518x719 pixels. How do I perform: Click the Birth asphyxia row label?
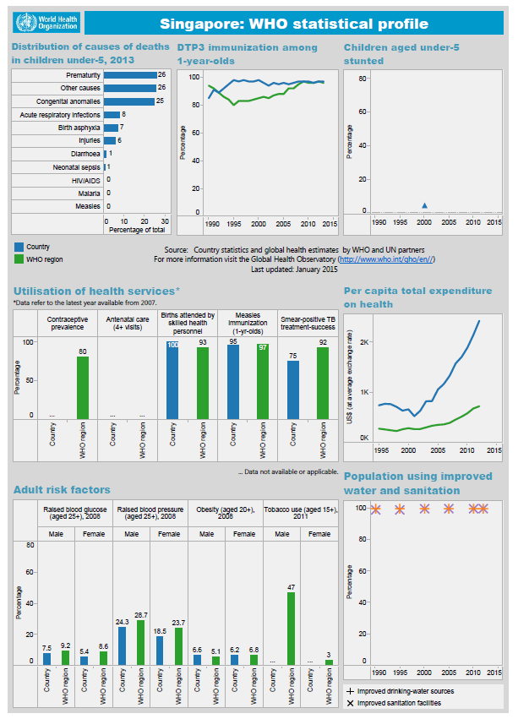point(79,128)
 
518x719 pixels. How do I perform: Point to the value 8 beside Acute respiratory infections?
point(124,114)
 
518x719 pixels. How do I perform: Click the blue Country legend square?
point(19,247)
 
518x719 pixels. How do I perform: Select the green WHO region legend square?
point(19,259)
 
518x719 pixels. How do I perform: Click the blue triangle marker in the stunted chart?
point(425,205)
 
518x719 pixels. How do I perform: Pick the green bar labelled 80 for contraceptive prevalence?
point(83,387)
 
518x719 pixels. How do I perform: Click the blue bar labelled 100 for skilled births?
point(172,380)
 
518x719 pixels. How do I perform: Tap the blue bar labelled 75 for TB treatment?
point(292,389)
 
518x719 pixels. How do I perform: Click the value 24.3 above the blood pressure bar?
point(122,621)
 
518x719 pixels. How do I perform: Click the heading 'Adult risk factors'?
point(62,489)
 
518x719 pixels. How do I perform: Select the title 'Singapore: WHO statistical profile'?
point(293,24)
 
